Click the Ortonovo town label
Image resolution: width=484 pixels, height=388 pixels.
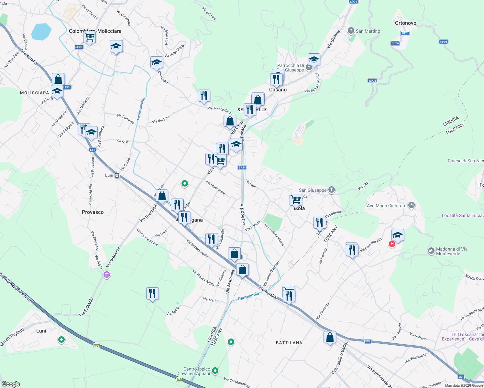click(405, 23)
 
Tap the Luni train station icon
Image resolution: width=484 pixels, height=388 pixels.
click(117, 176)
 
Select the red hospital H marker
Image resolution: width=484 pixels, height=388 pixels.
click(392, 244)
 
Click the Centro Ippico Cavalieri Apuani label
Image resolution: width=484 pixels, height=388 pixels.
click(197, 371)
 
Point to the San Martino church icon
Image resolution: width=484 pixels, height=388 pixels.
click(351, 31)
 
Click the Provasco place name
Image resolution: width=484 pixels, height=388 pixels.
click(93, 212)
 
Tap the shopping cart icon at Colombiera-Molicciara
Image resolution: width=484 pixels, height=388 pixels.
click(89, 37)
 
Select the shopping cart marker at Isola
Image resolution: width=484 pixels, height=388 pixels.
click(296, 199)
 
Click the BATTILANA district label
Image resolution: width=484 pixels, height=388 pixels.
click(289, 343)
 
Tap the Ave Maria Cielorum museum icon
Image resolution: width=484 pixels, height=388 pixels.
click(412, 205)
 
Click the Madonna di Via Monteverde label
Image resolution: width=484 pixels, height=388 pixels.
click(452, 251)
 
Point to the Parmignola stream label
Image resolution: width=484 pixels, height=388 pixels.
click(248, 296)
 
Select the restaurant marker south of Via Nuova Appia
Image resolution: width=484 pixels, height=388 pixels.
click(152, 293)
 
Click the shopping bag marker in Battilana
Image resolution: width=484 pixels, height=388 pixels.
click(330, 337)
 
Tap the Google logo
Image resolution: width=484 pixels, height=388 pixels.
click(11, 384)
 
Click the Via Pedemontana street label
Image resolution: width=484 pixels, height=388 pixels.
click(274, 235)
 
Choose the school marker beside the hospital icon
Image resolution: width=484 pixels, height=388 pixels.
click(398, 235)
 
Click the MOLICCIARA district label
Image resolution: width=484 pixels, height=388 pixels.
click(35, 93)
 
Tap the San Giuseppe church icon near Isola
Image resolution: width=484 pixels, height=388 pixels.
click(331, 190)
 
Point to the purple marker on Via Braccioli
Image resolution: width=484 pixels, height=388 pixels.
click(107, 275)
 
